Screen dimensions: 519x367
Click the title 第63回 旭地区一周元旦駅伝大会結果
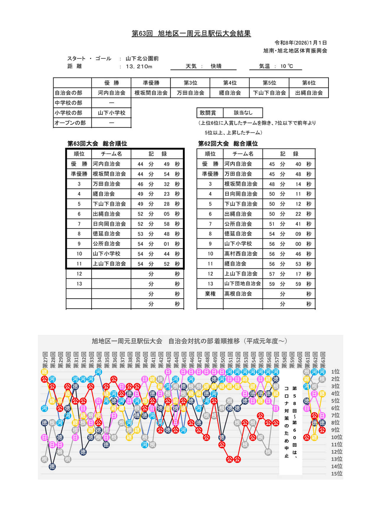tap(191, 33)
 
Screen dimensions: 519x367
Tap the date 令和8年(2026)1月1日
tap(300, 43)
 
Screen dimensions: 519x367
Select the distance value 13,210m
tap(139, 67)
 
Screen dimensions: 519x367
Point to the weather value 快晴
tap(216, 66)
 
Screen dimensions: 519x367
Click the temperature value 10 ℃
tap(286, 66)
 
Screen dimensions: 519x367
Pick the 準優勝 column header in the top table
tap(151, 83)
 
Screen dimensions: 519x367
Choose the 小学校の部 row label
tap(68, 113)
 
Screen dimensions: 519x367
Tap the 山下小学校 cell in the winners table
tap(112, 113)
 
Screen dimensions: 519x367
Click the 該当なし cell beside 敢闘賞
tap(243, 113)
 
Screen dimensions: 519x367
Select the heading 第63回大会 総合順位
tap(97, 144)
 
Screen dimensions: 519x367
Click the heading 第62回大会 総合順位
tap(228, 144)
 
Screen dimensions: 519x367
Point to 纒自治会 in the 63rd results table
tap(104, 194)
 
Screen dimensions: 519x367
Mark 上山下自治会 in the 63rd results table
tap(110, 264)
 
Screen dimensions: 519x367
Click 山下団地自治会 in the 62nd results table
tap(242, 284)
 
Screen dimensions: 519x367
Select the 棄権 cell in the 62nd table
tap(210, 294)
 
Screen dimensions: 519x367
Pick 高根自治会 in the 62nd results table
tap(238, 294)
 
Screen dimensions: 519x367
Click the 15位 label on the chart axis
tap(337, 473)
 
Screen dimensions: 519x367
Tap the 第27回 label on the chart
tap(45, 360)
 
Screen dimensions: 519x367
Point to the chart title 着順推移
tap(189, 341)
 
